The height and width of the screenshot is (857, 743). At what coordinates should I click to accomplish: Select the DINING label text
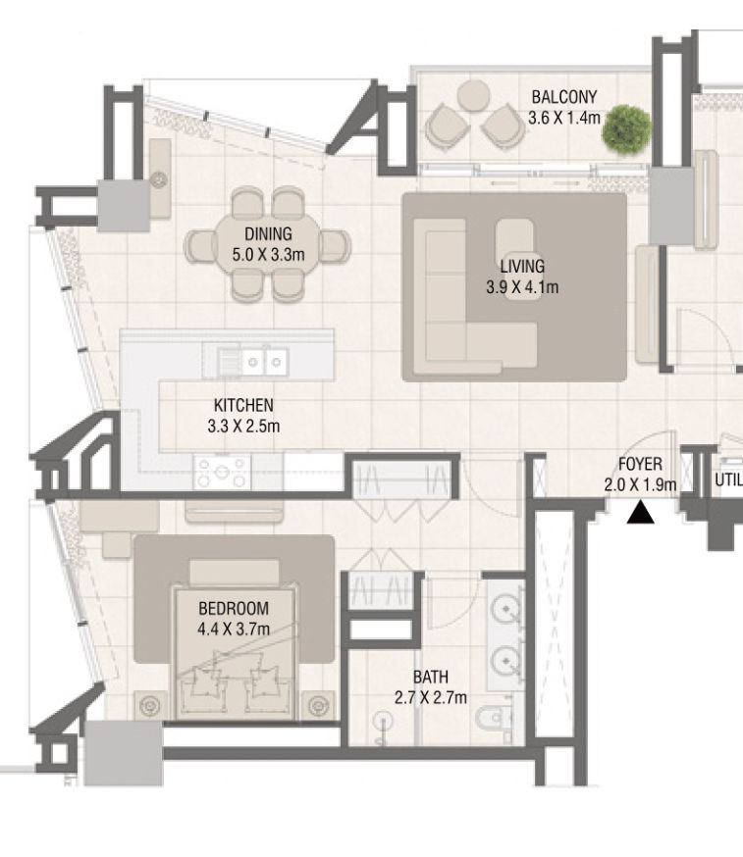pos(268,233)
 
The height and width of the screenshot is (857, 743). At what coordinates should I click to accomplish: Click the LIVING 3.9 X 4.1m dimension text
pos(521,287)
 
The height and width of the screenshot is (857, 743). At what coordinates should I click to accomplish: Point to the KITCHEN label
pos(243,405)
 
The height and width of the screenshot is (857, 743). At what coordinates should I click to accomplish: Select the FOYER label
pos(639,464)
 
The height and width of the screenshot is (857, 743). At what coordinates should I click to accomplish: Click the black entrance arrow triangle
pos(641,513)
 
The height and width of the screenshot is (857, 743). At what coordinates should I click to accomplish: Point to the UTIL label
pos(727,480)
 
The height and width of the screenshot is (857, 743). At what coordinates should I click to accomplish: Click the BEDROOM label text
pos(233,609)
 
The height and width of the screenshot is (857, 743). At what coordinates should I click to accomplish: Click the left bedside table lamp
pos(151,704)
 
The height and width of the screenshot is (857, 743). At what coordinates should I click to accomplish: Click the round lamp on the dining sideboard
pos(159,179)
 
